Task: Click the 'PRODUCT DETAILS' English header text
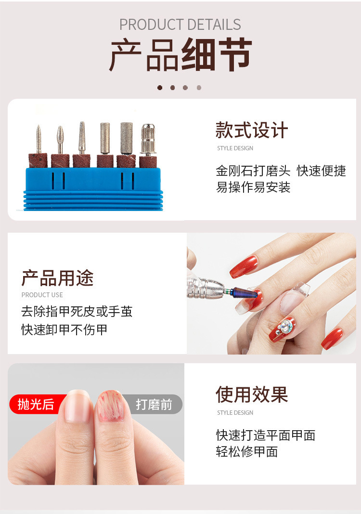tap(180, 25)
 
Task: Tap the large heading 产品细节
tap(180, 55)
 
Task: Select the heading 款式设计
tap(252, 131)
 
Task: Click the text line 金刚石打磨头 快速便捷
tap(281, 171)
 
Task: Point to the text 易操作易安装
tap(253, 187)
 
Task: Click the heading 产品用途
tap(57, 278)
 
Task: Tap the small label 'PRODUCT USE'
tap(42, 295)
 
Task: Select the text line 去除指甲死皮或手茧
tap(77, 312)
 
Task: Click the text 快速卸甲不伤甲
tap(64, 330)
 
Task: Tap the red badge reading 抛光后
tap(35, 404)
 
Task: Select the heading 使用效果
tap(252, 395)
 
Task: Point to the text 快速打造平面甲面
tap(265, 435)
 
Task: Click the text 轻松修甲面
tap(247, 452)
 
